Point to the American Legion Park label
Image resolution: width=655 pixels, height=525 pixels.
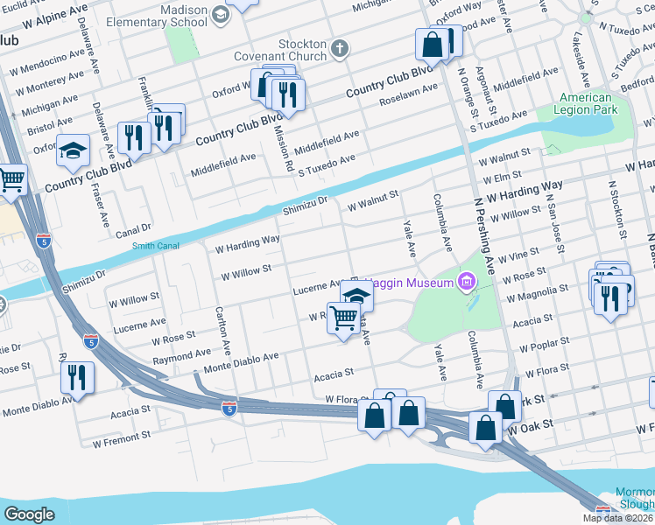click(587, 103)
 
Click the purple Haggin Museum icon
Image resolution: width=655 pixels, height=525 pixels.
click(466, 282)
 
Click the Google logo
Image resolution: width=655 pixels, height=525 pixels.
click(29, 514)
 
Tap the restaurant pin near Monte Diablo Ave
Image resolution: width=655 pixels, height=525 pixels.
click(78, 378)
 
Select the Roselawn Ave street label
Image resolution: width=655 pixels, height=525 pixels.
click(409, 94)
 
